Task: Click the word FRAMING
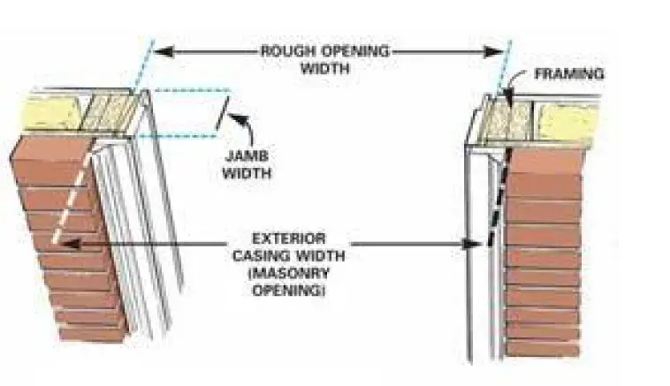point(569,74)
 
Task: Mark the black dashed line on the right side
point(495,199)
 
